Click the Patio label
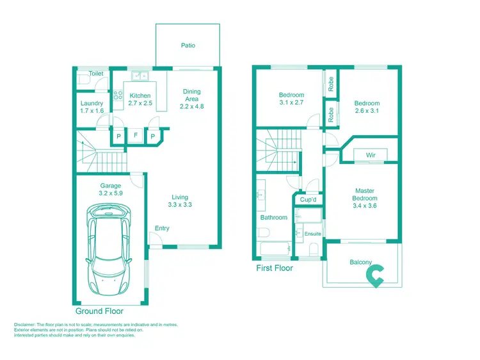[x=188, y=45]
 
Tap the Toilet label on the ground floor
[x=96, y=74]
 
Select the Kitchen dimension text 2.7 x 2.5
[x=140, y=103]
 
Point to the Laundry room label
[x=92, y=103]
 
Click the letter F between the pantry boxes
[x=136, y=136]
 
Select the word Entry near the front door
[x=163, y=229]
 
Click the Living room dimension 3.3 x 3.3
[x=180, y=205]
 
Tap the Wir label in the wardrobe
[x=371, y=155]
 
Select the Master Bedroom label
[x=365, y=195]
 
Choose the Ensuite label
[x=313, y=234]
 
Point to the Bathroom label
[x=274, y=218]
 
